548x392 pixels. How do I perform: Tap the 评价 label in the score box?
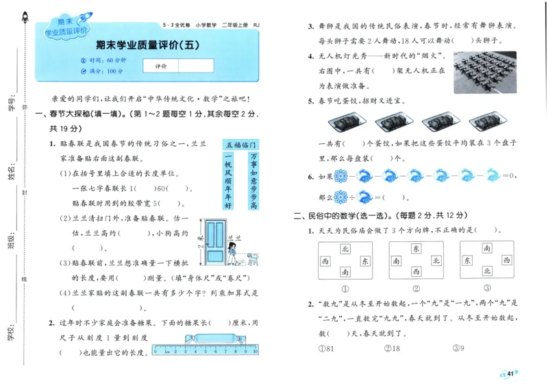(161, 66)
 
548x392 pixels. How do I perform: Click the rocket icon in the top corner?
(25, 19)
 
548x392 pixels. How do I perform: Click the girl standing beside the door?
(233, 254)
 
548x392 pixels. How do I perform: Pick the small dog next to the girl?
(252, 258)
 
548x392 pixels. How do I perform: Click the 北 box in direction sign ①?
(345, 249)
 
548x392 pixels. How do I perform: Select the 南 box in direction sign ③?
(486, 249)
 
